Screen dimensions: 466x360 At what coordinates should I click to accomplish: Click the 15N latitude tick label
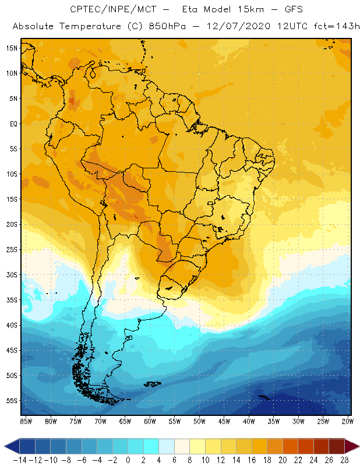pos(12,48)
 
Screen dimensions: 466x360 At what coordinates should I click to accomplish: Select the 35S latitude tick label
pos(12,300)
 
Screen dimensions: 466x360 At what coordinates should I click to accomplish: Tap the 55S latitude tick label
pos(12,401)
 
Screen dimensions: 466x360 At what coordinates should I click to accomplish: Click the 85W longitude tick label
pos(26,421)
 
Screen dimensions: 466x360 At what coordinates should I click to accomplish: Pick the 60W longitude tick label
pos(150,421)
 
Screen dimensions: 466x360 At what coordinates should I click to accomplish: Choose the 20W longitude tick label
pos(348,421)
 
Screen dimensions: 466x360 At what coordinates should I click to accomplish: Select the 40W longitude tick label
pos(249,421)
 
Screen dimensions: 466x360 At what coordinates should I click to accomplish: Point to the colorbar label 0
pos(128,460)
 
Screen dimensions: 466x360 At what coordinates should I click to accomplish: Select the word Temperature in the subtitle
pos(86,26)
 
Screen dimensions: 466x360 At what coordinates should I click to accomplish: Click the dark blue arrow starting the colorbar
pos(10,447)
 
